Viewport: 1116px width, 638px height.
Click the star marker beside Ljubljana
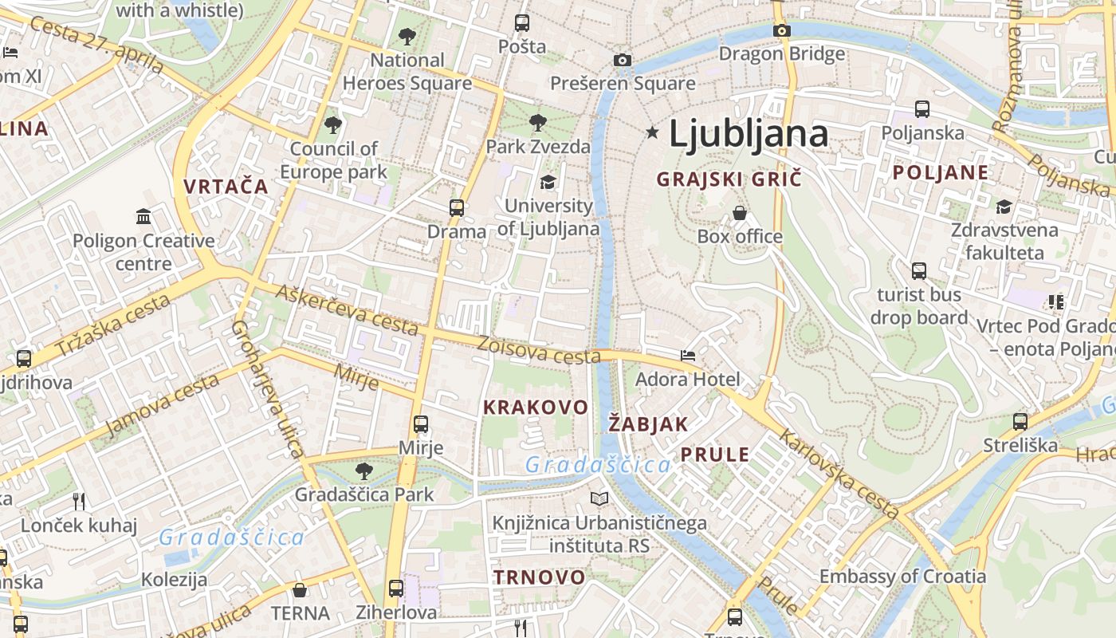(x=653, y=132)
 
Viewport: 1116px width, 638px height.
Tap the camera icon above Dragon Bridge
(x=782, y=30)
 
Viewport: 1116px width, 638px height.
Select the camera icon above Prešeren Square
(x=623, y=60)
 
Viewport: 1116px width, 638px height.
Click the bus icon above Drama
(x=456, y=208)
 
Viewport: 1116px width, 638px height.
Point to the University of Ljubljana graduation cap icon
(x=548, y=183)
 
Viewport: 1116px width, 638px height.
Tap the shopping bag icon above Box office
(x=740, y=213)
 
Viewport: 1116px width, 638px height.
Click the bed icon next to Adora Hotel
(x=688, y=355)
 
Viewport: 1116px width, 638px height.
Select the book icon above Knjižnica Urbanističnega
(x=599, y=499)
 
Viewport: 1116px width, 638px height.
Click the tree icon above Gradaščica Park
(x=364, y=471)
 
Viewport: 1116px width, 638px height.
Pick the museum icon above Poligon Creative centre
(x=143, y=216)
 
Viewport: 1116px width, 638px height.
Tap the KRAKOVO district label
(x=536, y=408)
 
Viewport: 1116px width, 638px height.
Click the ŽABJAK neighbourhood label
(x=648, y=424)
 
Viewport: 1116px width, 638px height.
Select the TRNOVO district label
(x=539, y=577)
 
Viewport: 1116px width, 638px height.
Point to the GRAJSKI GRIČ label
(x=729, y=179)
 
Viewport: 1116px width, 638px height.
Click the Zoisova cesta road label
(x=539, y=350)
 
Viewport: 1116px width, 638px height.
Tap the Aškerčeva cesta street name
(x=347, y=309)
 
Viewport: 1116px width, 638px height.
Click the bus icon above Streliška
(x=1020, y=421)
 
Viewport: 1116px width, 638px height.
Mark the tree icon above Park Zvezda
(x=538, y=123)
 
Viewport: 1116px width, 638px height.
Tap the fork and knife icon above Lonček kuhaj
(x=78, y=501)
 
